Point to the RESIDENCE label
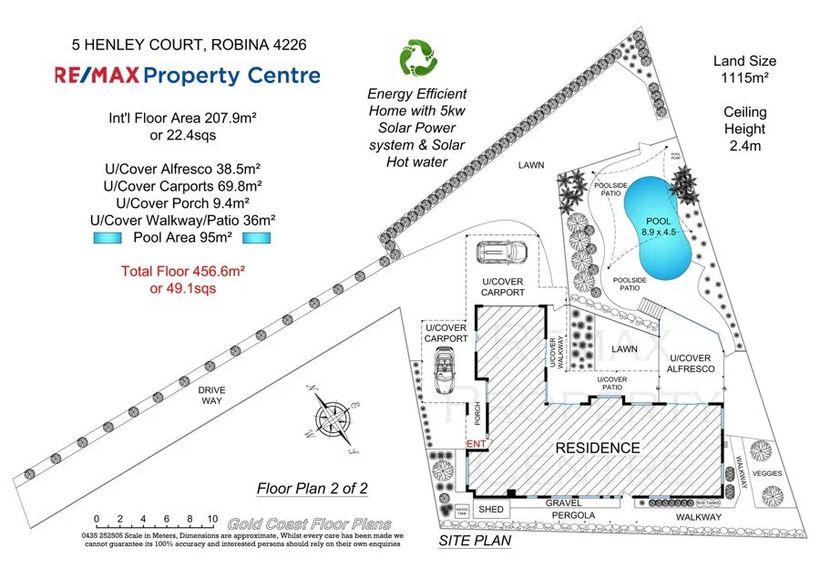pos(598,448)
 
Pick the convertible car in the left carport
pos(447,374)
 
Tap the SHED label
pos(491,509)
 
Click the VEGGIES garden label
pos(767,473)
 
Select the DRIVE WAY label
pos(211,395)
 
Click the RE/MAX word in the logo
pos(96,76)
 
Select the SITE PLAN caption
pos(475,540)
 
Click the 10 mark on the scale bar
pos(211,518)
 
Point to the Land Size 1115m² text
pos(745,70)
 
